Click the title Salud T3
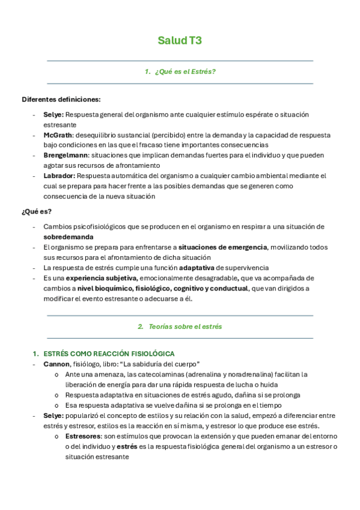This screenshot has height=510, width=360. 180,41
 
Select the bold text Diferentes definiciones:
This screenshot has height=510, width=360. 61,99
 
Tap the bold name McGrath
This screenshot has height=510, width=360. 58,135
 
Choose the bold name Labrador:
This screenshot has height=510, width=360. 59,176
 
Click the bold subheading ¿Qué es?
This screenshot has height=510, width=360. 37,211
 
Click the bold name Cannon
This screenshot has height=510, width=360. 56,364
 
